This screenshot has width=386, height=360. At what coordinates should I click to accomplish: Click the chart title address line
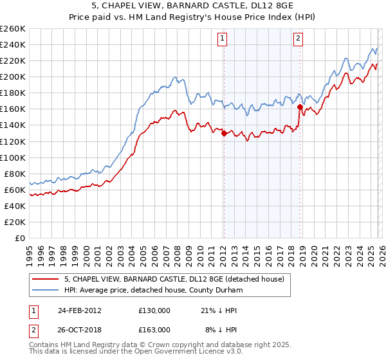click(x=193, y=6)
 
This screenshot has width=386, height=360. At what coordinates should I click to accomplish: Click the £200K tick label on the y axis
click(x=13, y=76)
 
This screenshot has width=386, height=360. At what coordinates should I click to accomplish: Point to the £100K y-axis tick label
click(x=13, y=157)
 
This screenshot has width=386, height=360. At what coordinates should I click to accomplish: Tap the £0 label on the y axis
click(x=19, y=238)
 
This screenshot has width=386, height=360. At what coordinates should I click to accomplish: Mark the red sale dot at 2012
click(x=224, y=133)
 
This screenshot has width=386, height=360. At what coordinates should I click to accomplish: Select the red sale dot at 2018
click(x=300, y=107)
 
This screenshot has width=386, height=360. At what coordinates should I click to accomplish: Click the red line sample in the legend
click(x=46, y=278)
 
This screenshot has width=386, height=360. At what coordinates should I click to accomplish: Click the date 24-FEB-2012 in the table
click(x=79, y=310)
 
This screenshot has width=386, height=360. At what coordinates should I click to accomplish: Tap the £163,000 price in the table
click(x=154, y=328)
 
